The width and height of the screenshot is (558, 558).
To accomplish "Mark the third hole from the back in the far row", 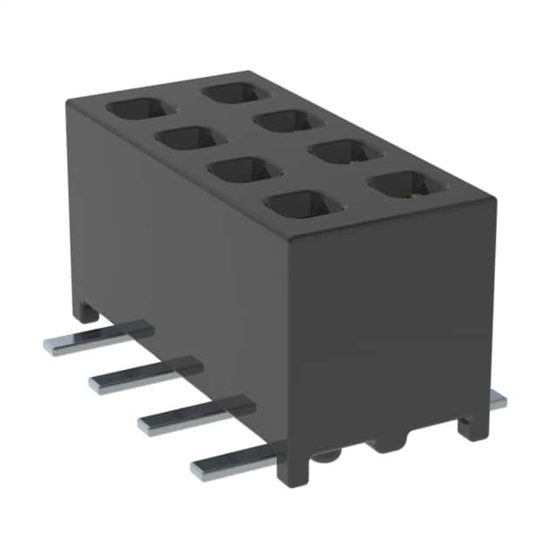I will coord(341,152).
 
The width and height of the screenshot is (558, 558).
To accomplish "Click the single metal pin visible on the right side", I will coord(496,400).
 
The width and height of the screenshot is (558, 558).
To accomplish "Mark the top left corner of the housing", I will coord(70,101).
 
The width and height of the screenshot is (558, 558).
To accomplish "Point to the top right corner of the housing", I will coord(494,199).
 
